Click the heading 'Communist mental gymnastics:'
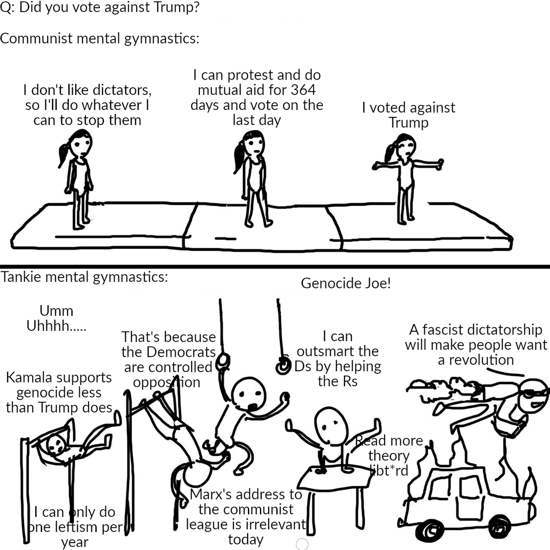click(x=99, y=38)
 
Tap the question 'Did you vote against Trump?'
click(x=99, y=8)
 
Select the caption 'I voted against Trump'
click(x=408, y=115)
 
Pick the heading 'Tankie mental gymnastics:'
click(x=84, y=277)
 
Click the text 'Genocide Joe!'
click(x=346, y=283)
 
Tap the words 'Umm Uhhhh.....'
click(x=56, y=318)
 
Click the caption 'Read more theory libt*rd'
click(x=390, y=455)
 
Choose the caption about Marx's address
click(x=246, y=517)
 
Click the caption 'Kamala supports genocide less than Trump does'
click(x=59, y=392)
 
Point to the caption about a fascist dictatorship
click(x=476, y=345)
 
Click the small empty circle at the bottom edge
click(x=302, y=544)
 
